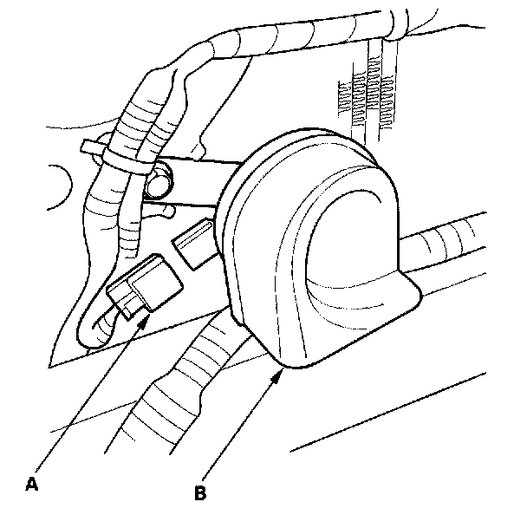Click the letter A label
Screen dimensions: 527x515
pos(32,483)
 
